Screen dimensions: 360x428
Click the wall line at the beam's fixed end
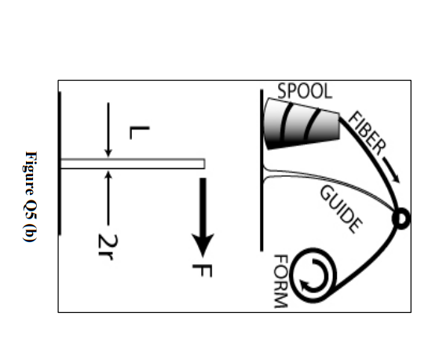coord(60,165)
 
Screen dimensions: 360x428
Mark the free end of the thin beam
coord(203,163)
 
